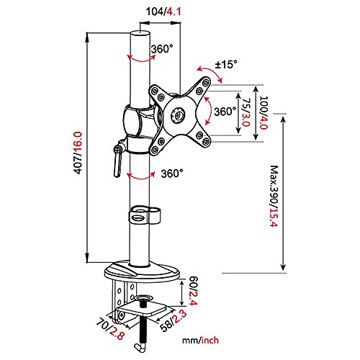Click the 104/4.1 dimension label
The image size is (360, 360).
pyautogui.click(x=163, y=12)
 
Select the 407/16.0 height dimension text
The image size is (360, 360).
pyautogui.click(x=78, y=153)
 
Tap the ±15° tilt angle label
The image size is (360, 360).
pyautogui.click(x=226, y=65)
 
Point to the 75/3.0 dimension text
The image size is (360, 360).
pyautogui.click(x=246, y=112)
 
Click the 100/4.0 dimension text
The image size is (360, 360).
pyautogui.click(x=264, y=112)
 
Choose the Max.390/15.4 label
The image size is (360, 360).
pyautogui.click(x=274, y=196)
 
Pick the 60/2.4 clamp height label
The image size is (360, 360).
pyautogui.click(x=194, y=291)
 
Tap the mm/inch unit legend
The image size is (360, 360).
pyautogui.click(x=200, y=341)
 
